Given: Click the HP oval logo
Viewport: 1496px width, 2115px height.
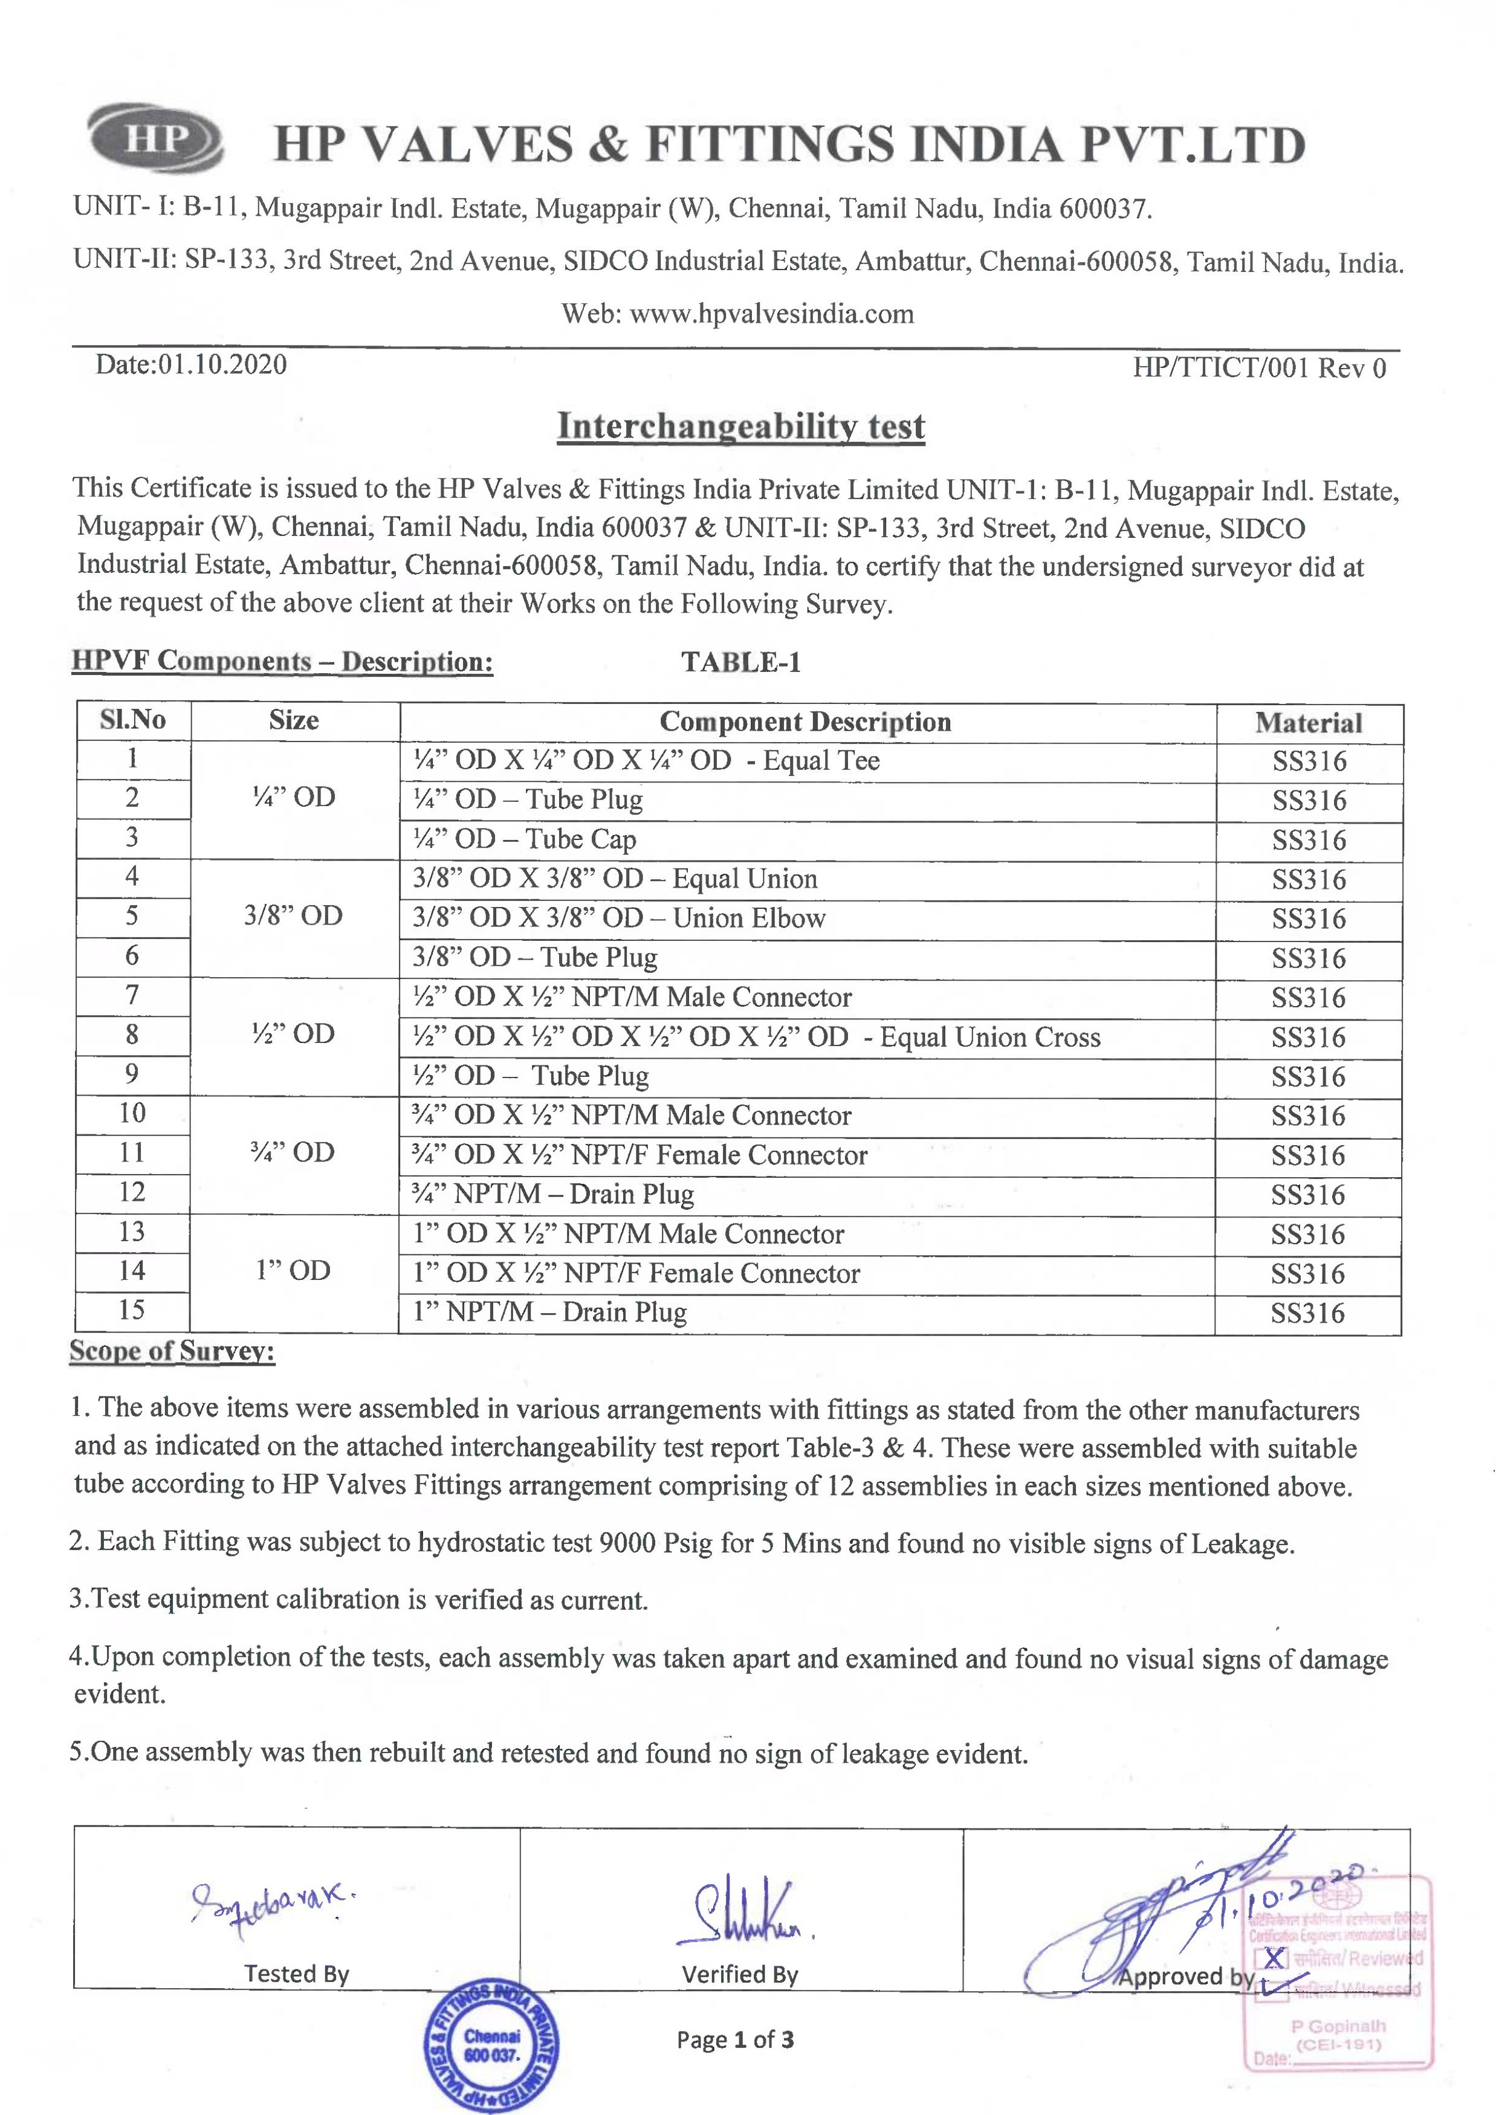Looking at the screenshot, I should (x=155, y=138).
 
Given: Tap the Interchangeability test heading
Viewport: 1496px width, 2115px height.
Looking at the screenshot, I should (x=740, y=427).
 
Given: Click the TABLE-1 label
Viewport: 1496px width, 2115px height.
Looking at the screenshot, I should (x=740, y=662).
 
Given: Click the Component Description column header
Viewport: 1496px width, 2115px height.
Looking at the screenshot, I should (x=805, y=722).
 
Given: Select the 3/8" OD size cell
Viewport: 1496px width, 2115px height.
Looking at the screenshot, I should (x=293, y=915).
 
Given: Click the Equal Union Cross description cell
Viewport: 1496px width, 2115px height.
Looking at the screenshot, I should (x=756, y=1037).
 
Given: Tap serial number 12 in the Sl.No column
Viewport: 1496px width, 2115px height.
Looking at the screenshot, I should (x=132, y=1192).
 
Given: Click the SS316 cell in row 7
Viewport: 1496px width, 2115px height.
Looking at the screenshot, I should (x=1308, y=998).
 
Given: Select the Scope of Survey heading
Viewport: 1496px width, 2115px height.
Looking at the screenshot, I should (x=172, y=1351).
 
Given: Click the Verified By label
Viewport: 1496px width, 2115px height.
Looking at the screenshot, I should (x=740, y=1974).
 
